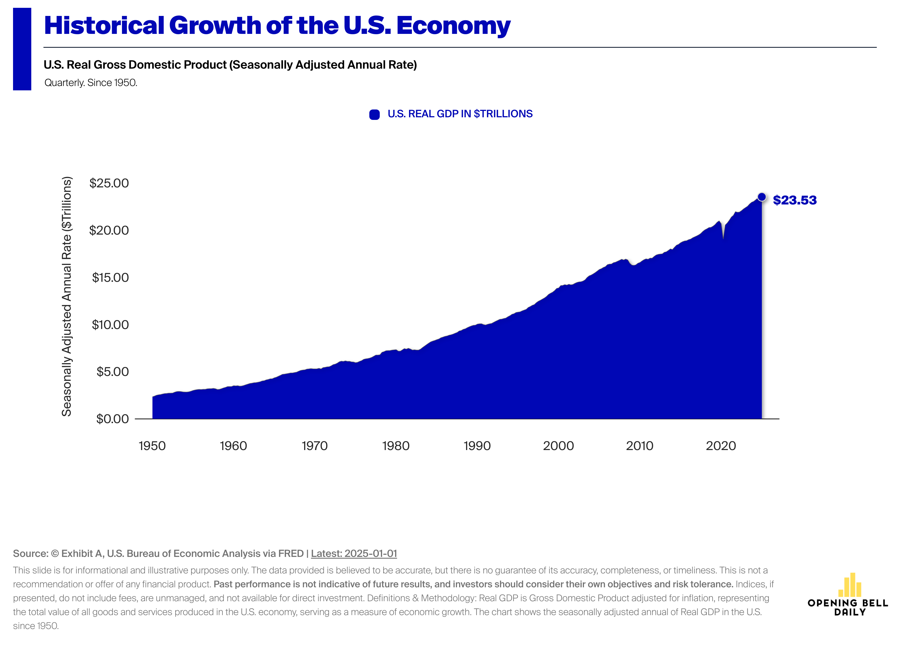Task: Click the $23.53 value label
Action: (794, 200)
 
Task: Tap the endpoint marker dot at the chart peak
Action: (761, 197)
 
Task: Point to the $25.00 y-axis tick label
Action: (109, 183)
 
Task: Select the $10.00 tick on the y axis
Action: (110, 324)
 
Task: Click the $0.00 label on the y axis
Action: (113, 419)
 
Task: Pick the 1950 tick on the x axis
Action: (152, 446)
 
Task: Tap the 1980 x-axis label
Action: (396, 446)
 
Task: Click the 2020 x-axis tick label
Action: (721, 446)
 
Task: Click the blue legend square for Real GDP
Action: (374, 114)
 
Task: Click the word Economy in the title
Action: (453, 26)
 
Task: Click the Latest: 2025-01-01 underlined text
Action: (354, 553)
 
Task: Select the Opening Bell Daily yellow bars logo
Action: (850, 585)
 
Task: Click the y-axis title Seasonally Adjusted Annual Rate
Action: (67, 296)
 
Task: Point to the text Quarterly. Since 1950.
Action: (91, 83)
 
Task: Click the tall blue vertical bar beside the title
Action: (22, 49)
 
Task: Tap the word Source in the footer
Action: (30, 553)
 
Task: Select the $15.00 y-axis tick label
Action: (110, 277)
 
